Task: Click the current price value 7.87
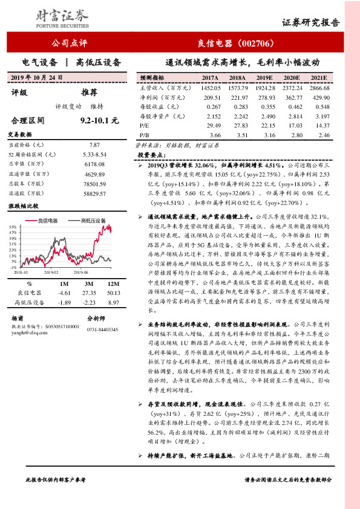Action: (94, 145)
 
